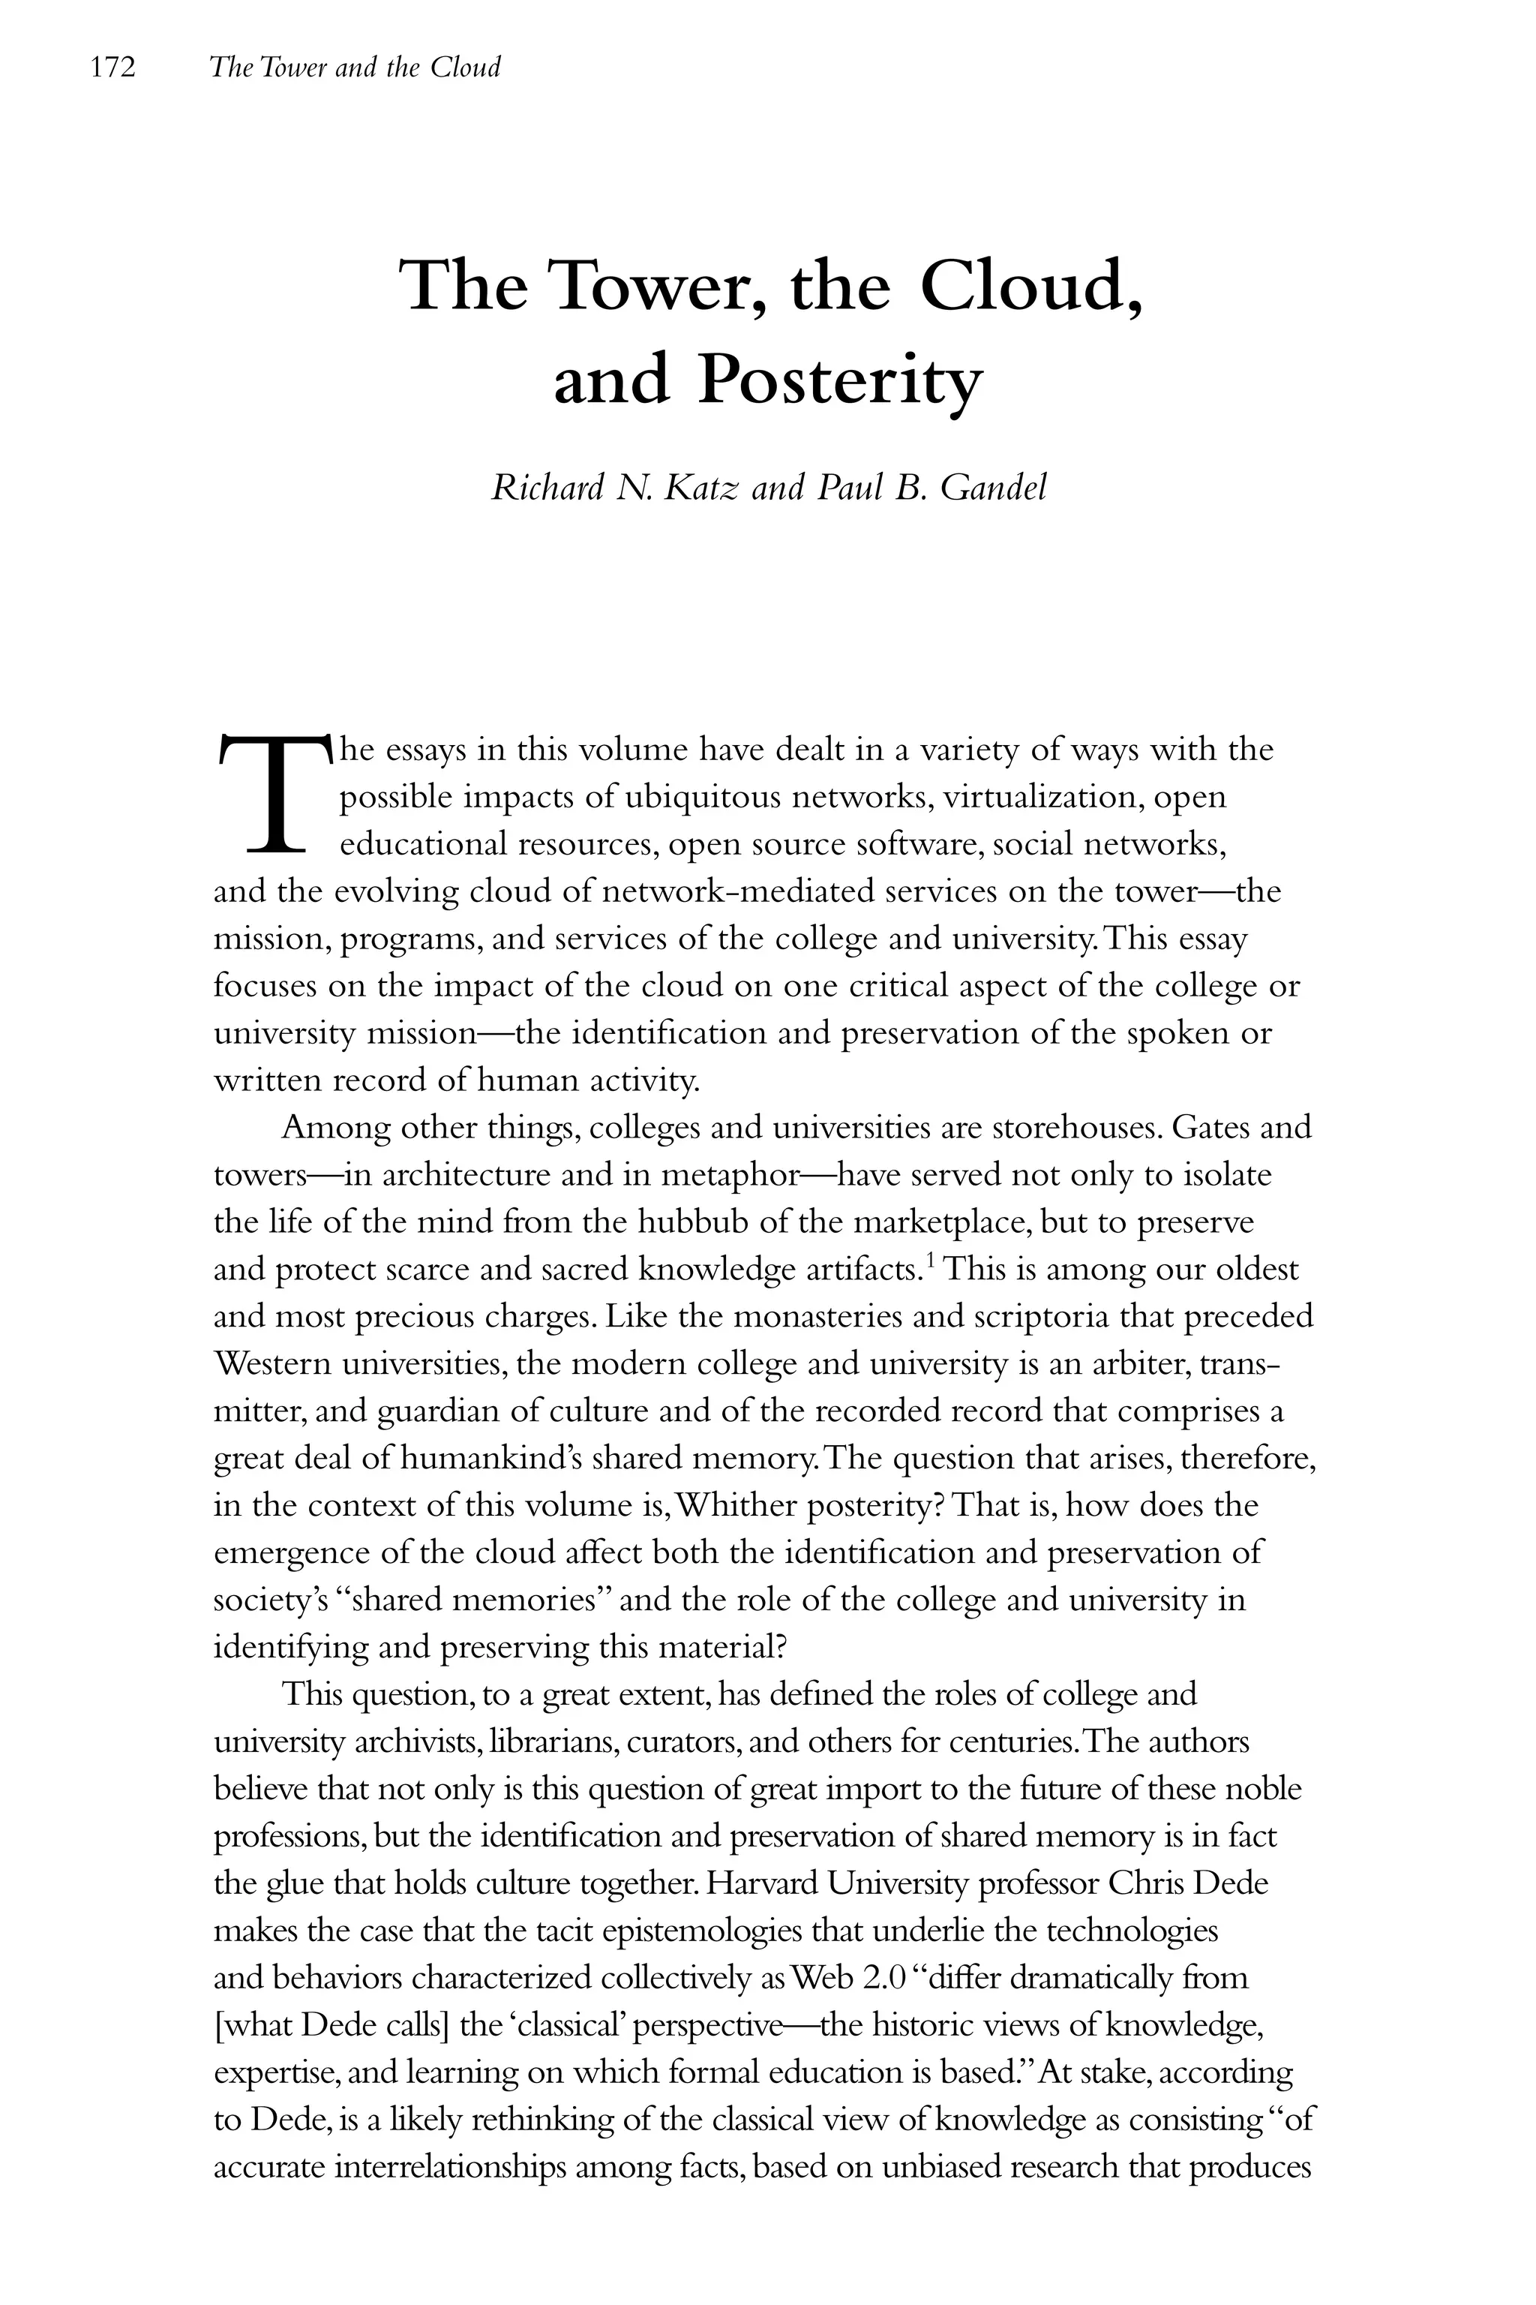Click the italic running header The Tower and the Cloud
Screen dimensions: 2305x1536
tap(355, 68)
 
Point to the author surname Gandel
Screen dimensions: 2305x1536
tap(993, 488)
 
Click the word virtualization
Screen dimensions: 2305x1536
tap(1027, 797)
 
